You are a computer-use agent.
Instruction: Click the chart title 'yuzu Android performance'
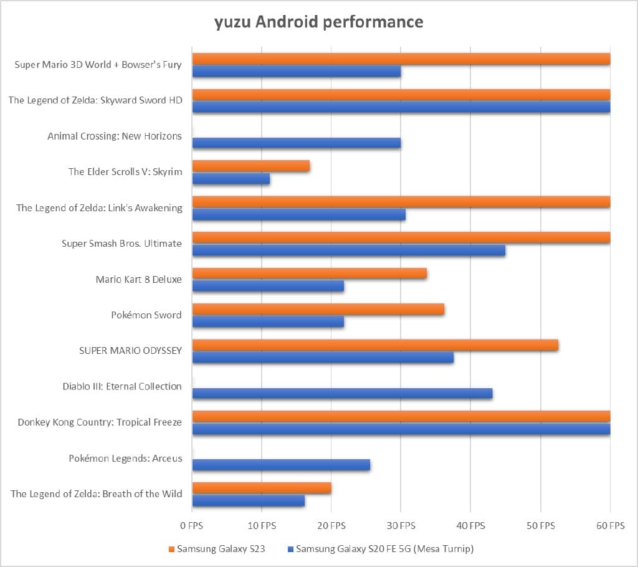click(x=318, y=22)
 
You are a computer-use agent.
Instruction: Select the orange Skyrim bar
click(x=250, y=166)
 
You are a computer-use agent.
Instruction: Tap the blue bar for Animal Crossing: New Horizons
click(x=296, y=143)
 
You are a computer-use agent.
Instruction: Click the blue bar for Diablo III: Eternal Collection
click(x=342, y=394)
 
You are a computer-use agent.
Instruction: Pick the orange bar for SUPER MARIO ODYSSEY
click(x=375, y=345)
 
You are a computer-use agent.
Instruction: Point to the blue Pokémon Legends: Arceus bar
click(x=281, y=465)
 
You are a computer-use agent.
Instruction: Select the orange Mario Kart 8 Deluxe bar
click(x=309, y=274)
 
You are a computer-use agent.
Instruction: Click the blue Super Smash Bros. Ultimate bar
click(x=348, y=250)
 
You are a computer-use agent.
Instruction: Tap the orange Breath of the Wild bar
click(x=261, y=488)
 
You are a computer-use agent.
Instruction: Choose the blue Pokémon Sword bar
click(x=268, y=322)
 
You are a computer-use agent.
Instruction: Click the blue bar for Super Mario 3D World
click(x=296, y=72)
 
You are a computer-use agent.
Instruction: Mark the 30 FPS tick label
click(x=401, y=526)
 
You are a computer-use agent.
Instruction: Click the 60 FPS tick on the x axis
click(x=609, y=526)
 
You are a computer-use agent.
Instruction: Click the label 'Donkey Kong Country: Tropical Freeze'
click(x=100, y=422)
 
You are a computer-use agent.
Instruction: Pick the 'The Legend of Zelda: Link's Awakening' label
click(x=99, y=208)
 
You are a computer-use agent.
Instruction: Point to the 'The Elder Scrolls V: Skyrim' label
click(x=125, y=172)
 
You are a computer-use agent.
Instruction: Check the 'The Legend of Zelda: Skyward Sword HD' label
click(x=95, y=100)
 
